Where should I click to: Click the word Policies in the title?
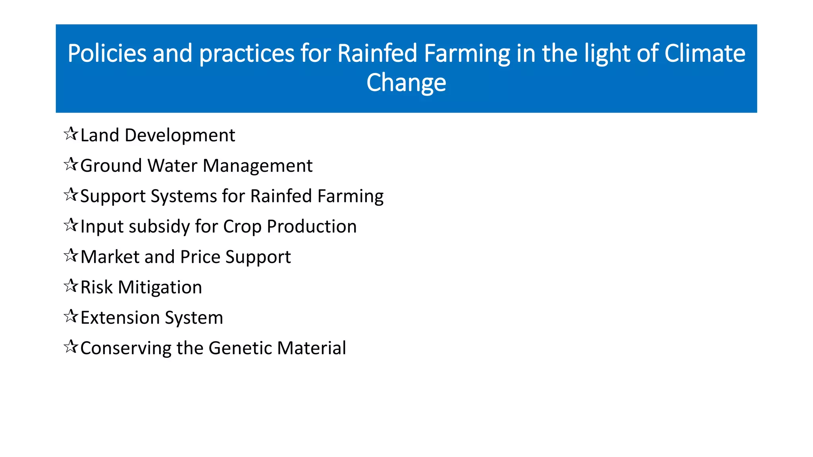107,53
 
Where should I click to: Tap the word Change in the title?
406,83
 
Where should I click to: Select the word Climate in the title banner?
705,53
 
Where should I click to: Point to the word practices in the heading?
247,53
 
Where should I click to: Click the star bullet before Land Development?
71,134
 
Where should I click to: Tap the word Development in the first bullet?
180,136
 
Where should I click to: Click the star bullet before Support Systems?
71,195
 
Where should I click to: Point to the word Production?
312,227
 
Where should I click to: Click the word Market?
110,257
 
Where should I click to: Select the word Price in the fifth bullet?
200,257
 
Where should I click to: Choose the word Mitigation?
160,287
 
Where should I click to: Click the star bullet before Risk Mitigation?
71,286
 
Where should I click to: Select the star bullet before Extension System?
71,317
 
